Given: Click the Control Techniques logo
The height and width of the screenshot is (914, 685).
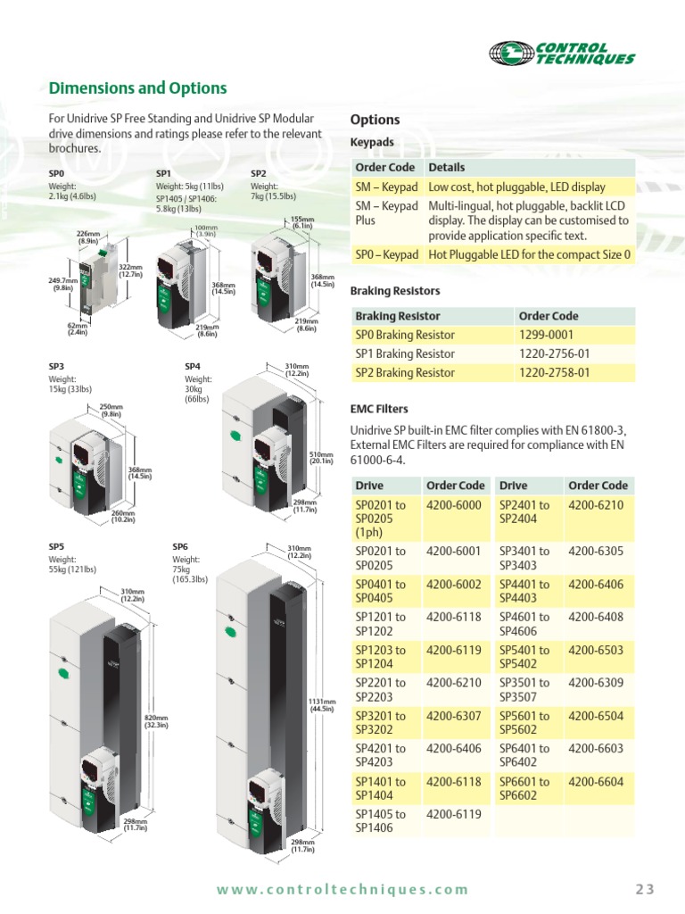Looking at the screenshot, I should [563, 54].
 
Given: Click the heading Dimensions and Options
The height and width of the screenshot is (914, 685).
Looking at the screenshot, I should [137, 88].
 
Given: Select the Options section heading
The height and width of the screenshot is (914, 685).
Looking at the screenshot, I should [375, 120].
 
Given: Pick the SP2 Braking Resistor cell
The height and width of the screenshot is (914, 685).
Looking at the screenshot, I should [405, 373].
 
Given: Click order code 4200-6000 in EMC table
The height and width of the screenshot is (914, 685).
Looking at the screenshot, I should [454, 505].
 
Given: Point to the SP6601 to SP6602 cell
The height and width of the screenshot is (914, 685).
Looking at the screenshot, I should [524, 789].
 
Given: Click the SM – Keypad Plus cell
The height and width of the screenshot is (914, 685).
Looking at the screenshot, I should [386, 213].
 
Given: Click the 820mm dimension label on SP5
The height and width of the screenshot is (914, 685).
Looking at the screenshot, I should [156, 721].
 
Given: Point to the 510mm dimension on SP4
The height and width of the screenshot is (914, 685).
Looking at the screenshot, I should [321, 457].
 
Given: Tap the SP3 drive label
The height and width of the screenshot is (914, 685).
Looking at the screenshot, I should [56, 366].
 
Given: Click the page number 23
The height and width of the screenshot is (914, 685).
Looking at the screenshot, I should [645, 888].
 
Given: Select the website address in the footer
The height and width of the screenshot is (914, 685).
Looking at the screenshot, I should [342, 889].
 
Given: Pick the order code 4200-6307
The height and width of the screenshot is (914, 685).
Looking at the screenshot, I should [454, 716].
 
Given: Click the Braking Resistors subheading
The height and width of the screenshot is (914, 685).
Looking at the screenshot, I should [394, 291].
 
